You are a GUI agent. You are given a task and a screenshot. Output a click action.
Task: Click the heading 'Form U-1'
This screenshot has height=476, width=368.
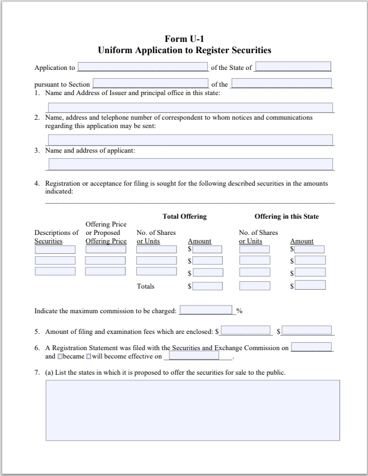[184, 39]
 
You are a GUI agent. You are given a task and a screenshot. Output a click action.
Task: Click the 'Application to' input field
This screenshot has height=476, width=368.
[142, 67]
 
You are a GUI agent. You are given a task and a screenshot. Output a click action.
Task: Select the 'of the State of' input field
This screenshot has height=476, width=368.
[293, 67]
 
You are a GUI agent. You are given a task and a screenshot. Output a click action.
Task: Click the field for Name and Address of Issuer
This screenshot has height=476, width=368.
[190, 108]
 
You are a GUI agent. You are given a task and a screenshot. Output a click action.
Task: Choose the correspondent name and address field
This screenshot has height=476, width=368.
[190, 140]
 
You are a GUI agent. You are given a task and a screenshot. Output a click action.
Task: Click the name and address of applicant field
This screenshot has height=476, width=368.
[190, 164]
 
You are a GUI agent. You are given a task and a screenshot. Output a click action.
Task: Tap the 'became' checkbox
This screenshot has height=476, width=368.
[60, 356]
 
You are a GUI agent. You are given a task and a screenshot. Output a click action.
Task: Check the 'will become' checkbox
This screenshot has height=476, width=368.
[88, 356]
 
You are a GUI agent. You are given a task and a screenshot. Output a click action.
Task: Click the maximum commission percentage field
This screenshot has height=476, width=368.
[205, 310]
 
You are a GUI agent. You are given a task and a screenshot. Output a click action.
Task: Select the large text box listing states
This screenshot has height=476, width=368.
[192, 410]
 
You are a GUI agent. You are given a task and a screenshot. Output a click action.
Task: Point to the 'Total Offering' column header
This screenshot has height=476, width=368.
[184, 216]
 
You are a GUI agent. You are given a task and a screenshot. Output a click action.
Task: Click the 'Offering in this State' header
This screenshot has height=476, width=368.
[286, 216]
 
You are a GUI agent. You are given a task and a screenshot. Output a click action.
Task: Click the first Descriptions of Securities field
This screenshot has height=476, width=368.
[55, 249]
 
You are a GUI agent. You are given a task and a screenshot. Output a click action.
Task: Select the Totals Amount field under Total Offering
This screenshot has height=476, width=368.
[207, 286]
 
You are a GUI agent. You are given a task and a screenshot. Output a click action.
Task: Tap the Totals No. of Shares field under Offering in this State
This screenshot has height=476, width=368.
[255, 286]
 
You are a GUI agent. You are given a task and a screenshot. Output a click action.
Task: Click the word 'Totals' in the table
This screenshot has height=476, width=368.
[146, 286]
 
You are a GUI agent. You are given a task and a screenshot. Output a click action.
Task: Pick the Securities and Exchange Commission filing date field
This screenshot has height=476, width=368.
[312, 347]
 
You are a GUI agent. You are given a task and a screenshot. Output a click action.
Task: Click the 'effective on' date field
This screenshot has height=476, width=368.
[194, 356]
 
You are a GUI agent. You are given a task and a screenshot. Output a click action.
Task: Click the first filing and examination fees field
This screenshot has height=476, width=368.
[246, 331]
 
